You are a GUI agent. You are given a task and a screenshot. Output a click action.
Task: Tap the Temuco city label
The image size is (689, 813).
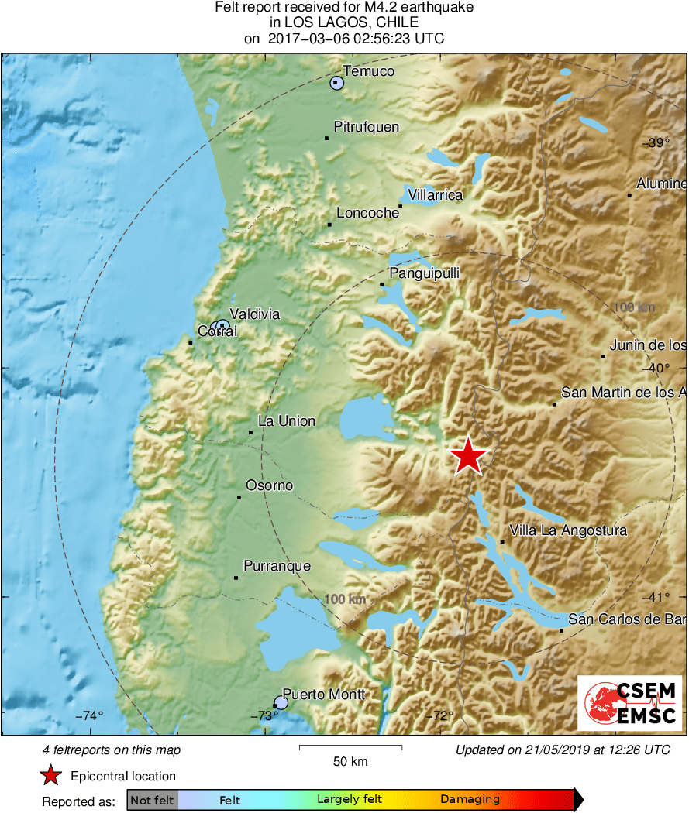369,71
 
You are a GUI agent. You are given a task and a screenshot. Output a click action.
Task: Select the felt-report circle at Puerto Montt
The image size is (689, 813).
281,702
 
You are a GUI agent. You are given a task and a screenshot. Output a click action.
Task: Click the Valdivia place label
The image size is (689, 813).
255,314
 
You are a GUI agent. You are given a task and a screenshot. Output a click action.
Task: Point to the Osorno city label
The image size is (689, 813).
270,485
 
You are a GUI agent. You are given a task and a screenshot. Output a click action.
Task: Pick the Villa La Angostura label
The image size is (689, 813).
568,530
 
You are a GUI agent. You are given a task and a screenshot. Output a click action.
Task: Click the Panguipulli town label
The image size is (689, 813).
425,273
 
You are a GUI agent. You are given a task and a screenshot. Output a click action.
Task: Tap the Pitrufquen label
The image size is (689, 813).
366,126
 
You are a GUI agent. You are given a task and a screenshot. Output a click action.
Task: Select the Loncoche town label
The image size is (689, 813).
367,214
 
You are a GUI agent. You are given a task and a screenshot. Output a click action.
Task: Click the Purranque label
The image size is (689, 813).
277,566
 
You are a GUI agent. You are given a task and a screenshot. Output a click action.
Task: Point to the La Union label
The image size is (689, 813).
287,421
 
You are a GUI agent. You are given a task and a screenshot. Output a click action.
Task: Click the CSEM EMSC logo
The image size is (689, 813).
629,703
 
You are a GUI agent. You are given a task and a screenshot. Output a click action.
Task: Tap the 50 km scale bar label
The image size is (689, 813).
350,761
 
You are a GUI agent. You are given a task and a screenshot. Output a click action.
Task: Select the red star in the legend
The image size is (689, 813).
51,776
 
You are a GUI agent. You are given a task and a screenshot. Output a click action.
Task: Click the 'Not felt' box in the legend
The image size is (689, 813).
152,800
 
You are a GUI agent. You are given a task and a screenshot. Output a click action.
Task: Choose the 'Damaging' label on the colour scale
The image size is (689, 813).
470,800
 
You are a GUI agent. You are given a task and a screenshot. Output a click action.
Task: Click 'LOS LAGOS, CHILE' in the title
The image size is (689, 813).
344,22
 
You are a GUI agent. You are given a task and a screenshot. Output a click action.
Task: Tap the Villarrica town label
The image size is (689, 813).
436,195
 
